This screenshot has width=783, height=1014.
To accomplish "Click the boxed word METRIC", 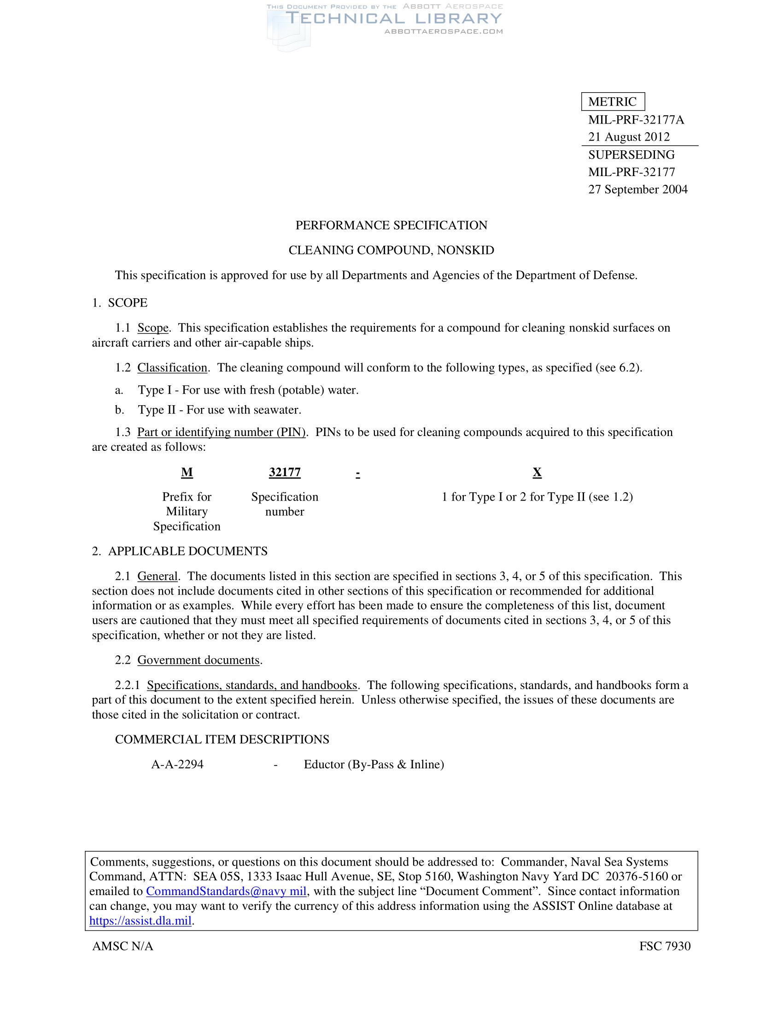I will pyautogui.click(x=612, y=102).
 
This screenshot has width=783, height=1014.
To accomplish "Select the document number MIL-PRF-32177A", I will pyautogui.click(x=636, y=120).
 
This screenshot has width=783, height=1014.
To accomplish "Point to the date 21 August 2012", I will pyautogui.click(x=629, y=137).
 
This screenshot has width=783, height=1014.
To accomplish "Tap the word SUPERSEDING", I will pyautogui.click(x=631, y=154).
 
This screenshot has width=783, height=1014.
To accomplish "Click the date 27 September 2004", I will pyautogui.click(x=638, y=189).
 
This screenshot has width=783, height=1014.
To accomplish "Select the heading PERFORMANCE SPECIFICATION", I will pyautogui.click(x=391, y=225).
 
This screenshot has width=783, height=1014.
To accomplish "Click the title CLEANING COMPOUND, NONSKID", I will pyautogui.click(x=391, y=250).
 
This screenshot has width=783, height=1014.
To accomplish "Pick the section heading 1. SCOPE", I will pyautogui.click(x=120, y=303).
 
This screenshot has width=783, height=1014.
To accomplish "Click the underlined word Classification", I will pyautogui.click(x=172, y=368).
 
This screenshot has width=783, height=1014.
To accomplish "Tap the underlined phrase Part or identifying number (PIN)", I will pyautogui.click(x=221, y=432).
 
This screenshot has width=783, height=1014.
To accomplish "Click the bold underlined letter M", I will pyautogui.click(x=187, y=472).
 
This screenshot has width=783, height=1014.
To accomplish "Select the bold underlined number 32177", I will pyautogui.click(x=285, y=472).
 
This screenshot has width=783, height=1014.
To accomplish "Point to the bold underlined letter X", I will pyautogui.click(x=537, y=472).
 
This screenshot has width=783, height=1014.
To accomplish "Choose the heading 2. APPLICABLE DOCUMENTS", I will pyautogui.click(x=180, y=551).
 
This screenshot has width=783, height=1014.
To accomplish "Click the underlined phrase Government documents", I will pyautogui.click(x=199, y=660).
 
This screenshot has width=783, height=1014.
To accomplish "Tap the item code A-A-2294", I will pyautogui.click(x=177, y=764).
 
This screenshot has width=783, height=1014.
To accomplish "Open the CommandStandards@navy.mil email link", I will pyautogui.click(x=226, y=891).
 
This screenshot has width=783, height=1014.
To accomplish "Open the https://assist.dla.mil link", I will pyautogui.click(x=140, y=921).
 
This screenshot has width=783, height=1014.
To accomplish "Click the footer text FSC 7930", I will pyautogui.click(x=665, y=946).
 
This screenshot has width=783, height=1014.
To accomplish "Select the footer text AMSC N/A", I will pyautogui.click(x=123, y=946).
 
